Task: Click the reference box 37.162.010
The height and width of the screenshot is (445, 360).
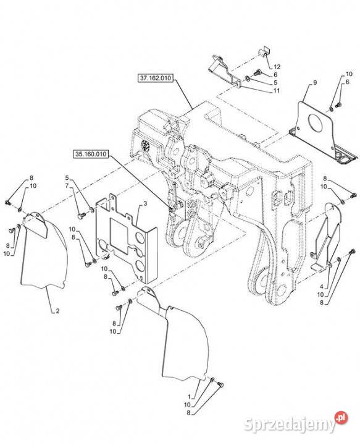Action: [x=156, y=78]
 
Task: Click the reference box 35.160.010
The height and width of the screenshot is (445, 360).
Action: [x=91, y=155]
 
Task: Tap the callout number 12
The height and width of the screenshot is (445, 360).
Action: [x=277, y=67]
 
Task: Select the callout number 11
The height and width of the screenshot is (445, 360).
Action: [x=277, y=90]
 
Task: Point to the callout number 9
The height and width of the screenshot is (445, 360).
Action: [x=315, y=83]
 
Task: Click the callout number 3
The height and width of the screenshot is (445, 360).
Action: [x=145, y=203]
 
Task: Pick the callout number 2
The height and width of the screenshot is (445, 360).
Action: [x=57, y=311]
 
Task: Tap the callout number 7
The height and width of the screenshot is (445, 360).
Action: [x=67, y=185]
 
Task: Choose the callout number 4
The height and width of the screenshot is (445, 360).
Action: [x=322, y=287]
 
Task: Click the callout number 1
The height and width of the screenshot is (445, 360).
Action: [x=190, y=397]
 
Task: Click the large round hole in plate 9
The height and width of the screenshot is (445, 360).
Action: [x=315, y=124]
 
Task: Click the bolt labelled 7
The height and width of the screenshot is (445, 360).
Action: [x=81, y=216]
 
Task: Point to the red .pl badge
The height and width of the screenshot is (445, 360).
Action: [x=341, y=418]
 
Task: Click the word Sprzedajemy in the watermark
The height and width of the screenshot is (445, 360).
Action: [x=290, y=425]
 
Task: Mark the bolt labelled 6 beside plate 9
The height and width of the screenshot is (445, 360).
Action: [x=338, y=105]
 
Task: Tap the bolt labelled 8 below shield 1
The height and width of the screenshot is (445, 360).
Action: [x=221, y=385]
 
